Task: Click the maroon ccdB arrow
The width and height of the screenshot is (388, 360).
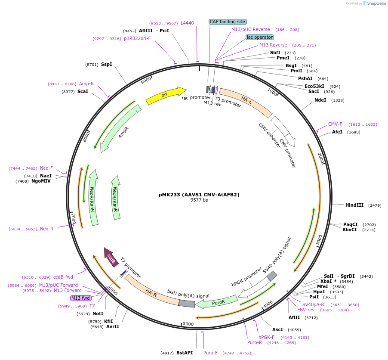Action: (111, 257)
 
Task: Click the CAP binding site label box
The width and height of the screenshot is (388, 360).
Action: (228, 22)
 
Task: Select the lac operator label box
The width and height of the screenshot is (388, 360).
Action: (260, 37)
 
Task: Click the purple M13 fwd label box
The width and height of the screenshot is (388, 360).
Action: (81, 298)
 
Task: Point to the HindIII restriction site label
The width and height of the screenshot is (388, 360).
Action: (354, 205)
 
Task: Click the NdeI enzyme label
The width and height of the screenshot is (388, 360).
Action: (320, 100)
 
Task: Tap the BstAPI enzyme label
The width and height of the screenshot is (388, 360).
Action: (185, 353)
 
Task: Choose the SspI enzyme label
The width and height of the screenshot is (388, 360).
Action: (106, 64)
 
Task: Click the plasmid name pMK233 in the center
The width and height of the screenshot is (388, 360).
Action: (199, 194)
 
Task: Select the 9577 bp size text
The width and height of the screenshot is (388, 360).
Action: (199, 200)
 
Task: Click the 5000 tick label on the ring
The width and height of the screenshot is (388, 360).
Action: (188, 324)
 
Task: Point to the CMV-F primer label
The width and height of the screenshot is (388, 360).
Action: (335, 124)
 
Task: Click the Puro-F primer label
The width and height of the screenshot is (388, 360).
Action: (210, 353)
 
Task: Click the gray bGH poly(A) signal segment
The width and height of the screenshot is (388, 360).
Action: (187, 304)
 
